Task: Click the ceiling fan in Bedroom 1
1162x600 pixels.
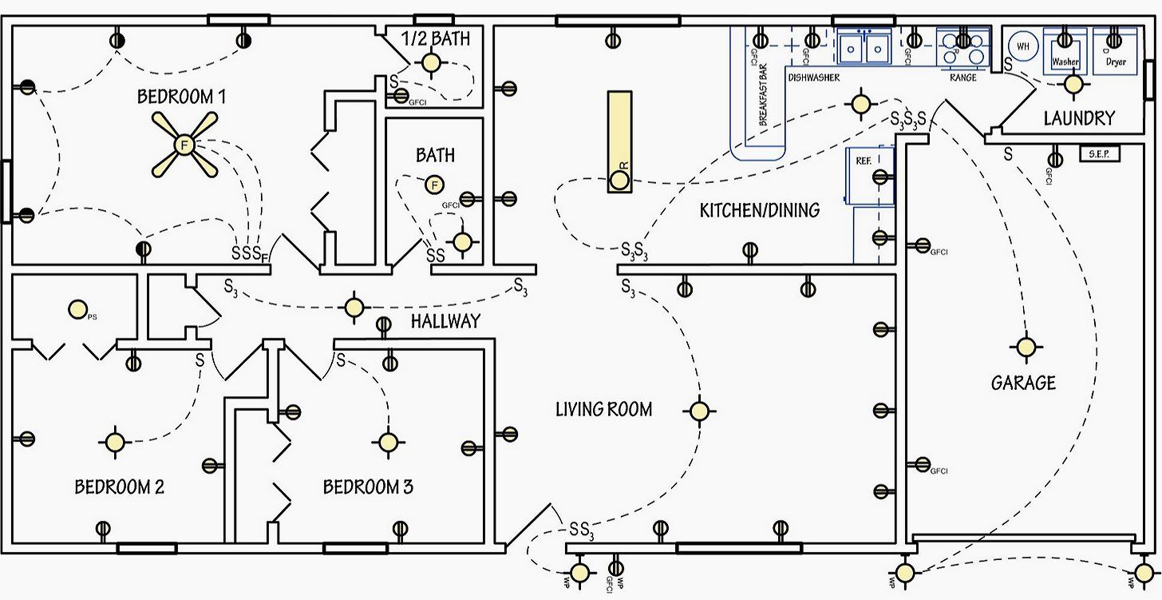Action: [x=184, y=145]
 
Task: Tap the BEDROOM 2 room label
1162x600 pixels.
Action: [x=119, y=487]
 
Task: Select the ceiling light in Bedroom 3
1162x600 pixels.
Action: [x=388, y=442]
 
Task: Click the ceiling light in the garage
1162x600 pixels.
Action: [x=1026, y=347]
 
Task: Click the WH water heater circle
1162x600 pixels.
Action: [x=1023, y=46]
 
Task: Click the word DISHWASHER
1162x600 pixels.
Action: [x=813, y=78]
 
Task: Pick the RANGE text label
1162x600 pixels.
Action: [x=962, y=78]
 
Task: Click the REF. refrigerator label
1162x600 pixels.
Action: [x=863, y=161]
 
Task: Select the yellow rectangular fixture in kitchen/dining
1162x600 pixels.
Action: [x=619, y=141]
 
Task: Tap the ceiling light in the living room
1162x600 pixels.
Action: [x=699, y=411]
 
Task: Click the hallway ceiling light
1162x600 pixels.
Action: [x=354, y=307]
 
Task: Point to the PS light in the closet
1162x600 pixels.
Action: [x=77, y=308]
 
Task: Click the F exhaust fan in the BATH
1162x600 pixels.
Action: [x=434, y=185]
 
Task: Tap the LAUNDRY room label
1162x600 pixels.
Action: [x=1079, y=118]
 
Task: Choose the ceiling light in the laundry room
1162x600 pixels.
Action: [x=1073, y=83]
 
